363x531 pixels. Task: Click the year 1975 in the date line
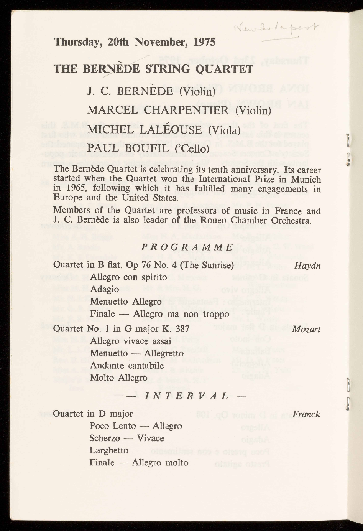204,41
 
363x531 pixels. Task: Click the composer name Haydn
307,265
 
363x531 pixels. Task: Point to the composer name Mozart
306,329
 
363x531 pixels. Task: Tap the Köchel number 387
181,329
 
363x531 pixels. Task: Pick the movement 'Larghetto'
109,450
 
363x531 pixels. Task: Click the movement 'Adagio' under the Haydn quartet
104,289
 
